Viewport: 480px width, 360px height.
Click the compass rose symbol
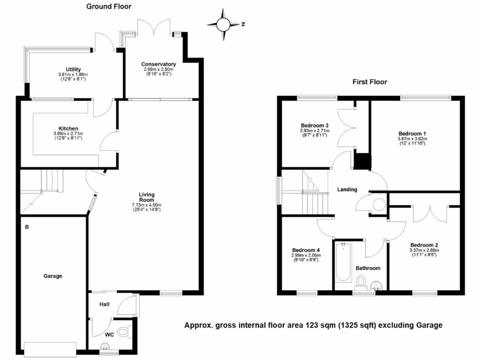pyautogui.click(x=223, y=24)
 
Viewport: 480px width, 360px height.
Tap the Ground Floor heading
pyautogui.click(x=109, y=7)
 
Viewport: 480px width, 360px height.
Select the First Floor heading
pyautogui.click(x=370, y=82)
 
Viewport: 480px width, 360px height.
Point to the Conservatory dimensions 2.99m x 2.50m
pyautogui.click(x=159, y=69)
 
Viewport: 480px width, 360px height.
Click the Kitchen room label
pyautogui.click(x=68, y=128)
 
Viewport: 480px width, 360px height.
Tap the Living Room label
pyautogui.click(x=147, y=197)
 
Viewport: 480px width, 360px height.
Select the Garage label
pyautogui.click(x=53, y=276)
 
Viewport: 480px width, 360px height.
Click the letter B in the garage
pyautogui.click(x=27, y=227)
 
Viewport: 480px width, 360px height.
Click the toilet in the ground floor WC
pyautogui.click(x=123, y=332)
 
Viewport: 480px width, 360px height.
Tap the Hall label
pyautogui.click(x=104, y=304)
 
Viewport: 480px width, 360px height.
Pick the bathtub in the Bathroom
pyautogui.click(x=343, y=262)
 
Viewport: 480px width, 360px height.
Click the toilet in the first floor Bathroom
pyautogui.click(x=361, y=281)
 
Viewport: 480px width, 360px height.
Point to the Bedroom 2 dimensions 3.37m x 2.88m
pyautogui.click(x=424, y=250)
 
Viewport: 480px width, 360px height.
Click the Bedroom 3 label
pyautogui.click(x=314, y=125)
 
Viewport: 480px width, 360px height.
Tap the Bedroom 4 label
pyautogui.click(x=306, y=250)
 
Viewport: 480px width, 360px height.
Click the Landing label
pyautogui.click(x=347, y=189)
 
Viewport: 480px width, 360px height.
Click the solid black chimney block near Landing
pyautogui.click(x=362, y=162)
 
